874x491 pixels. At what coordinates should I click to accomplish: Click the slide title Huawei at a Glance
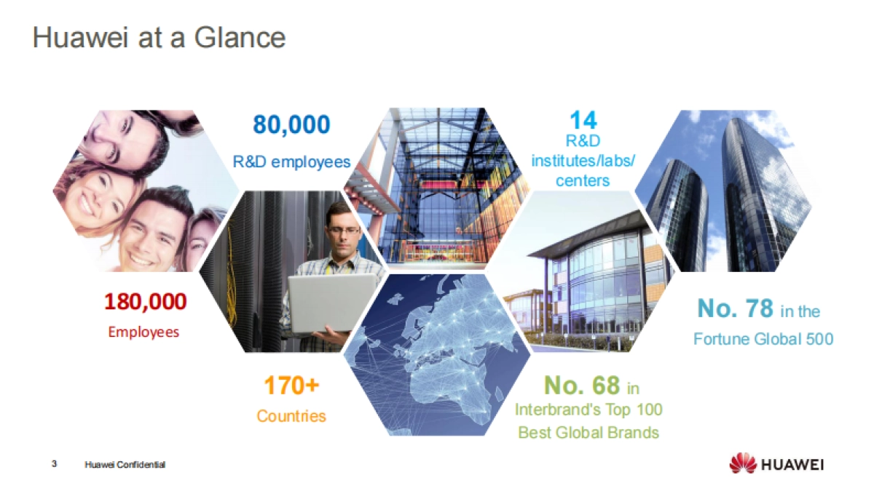[159, 38]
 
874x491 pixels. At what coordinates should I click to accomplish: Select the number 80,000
[291, 125]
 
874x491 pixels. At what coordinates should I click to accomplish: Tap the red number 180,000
[145, 301]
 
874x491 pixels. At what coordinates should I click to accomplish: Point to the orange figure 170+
[291, 386]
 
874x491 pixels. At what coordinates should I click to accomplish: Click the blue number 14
[583, 120]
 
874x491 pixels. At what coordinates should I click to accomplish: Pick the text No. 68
[581, 385]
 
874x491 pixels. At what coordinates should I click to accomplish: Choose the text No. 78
[735, 309]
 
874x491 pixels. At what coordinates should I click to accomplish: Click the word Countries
[291, 416]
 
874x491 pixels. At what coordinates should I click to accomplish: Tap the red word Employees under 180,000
[143, 332]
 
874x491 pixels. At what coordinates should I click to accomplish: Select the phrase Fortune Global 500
[763, 339]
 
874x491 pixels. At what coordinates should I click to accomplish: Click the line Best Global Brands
[588, 433]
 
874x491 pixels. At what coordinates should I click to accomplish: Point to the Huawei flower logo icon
[742, 463]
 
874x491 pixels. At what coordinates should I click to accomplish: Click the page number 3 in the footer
[54, 463]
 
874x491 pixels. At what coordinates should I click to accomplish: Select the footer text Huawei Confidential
[125, 464]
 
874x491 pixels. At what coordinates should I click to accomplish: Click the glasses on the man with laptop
[343, 231]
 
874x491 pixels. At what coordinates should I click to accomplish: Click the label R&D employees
[291, 161]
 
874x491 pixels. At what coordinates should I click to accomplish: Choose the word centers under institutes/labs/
[583, 180]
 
